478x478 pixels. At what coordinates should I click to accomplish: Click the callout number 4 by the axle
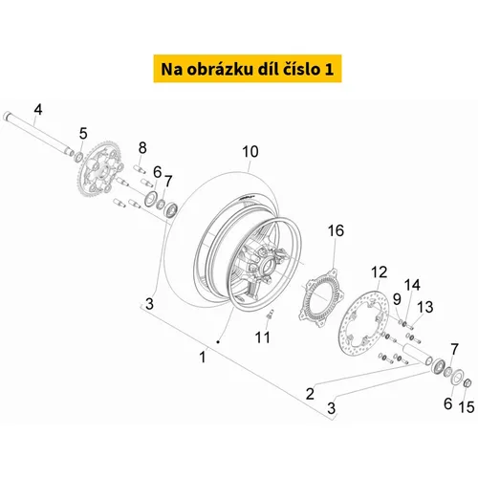point(38,110)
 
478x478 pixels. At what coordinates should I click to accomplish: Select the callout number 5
point(83,133)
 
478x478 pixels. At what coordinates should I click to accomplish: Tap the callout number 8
point(142,148)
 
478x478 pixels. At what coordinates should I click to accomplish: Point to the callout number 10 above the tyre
point(250,152)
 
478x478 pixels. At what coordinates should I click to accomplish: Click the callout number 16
point(336,230)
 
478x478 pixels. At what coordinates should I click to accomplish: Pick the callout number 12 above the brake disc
point(380,272)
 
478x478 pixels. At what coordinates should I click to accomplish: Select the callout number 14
point(412,285)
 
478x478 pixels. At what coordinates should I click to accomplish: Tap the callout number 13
point(425,307)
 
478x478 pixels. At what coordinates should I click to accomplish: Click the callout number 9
point(397,299)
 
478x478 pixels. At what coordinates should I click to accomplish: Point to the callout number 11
point(263,337)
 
